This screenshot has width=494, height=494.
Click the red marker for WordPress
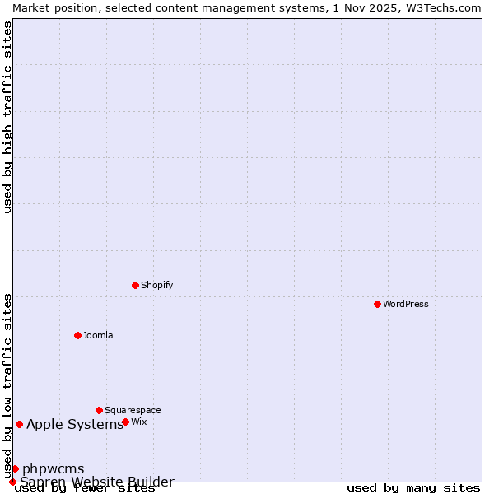coord(377,304)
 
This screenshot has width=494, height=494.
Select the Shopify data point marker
coord(135,285)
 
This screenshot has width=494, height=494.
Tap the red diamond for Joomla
coord(77,335)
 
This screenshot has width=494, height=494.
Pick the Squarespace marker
coord(99,410)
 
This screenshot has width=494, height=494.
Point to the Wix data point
coord(125,422)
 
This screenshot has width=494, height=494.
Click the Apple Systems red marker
coord(19,424)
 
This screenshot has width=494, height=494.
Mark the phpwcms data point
coord(15,468)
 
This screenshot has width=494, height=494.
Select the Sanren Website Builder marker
coord(12,482)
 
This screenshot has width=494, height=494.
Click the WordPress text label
coord(406,304)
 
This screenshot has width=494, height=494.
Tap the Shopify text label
coord(156,285)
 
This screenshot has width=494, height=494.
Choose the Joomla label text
coord(98,335)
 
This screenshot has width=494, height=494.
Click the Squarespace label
coord(133,410)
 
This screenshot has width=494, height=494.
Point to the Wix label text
coord(139,422)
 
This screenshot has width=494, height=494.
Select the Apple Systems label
coord(75,425)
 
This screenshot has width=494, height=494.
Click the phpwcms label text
coord(54,469)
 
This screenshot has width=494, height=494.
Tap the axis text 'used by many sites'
coord(413,488)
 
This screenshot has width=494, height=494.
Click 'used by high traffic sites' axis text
coord(8,117)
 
